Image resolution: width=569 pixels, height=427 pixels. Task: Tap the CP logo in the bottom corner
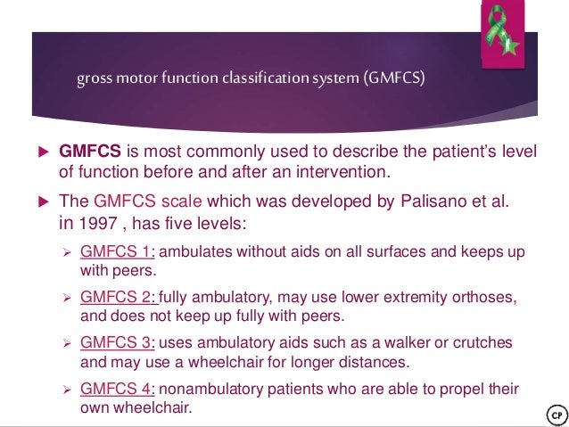click(554, 415)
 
